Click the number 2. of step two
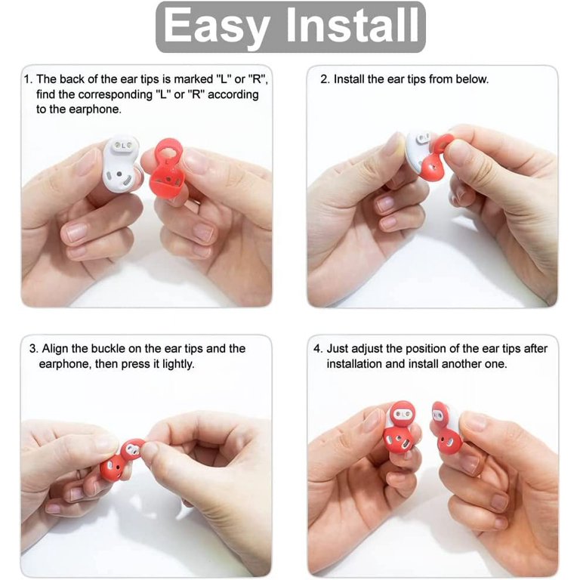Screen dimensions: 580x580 [x=325, y=79]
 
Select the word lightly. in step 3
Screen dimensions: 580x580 [x=178, y=364]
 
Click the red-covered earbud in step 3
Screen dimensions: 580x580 [x=122, y=458]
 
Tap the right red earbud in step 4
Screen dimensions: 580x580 [x=446, y=430]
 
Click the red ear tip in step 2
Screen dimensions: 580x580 [x=435, y=160]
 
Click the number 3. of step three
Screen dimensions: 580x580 [x=34, y=349]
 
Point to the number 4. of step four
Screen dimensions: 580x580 [x=318, y=349]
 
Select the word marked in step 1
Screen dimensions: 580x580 [x=193, y=79]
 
